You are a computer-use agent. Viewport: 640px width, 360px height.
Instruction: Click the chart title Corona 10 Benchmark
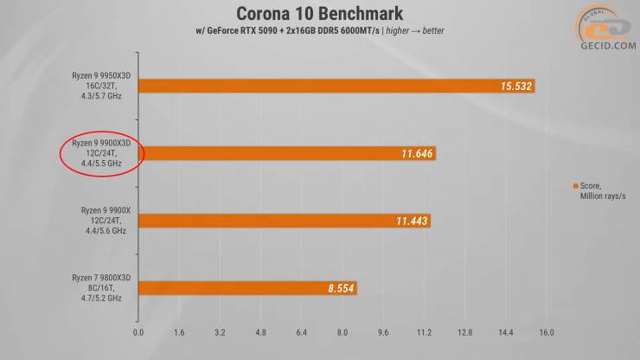coord(319,13)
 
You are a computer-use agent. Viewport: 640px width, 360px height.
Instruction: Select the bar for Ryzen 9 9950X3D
coord(336,86)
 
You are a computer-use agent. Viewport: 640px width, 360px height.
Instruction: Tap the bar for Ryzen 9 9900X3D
coord(285,153)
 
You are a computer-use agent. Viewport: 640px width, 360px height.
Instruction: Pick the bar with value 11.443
coord(283,221)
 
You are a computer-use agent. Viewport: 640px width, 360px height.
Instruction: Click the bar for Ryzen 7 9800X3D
coord(246,288)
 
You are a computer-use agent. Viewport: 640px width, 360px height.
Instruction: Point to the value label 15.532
coord(516,86)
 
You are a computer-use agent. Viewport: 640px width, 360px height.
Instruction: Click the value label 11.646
coord(416,153)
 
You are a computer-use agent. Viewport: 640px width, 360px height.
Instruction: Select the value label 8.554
coord(342,288)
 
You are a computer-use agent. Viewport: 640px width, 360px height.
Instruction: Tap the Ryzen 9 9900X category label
coord(101,221)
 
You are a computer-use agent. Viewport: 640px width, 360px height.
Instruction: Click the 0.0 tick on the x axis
coord(138,331)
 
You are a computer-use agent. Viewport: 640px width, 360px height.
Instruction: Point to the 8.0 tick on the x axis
coord(342,331)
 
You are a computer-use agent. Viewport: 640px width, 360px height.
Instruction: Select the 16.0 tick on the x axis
coord(547,331)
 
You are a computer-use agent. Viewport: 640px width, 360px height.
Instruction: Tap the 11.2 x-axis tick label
coord(424,331)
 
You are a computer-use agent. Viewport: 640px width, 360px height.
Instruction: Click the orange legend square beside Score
coord(574,186)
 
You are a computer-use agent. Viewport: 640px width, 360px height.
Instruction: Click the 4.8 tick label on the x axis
coord(261,331)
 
